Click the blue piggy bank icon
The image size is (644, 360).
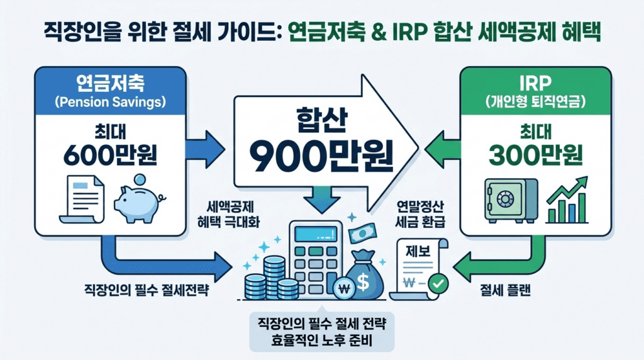coord(137,200)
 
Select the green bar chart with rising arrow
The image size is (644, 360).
coord(567,200)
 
